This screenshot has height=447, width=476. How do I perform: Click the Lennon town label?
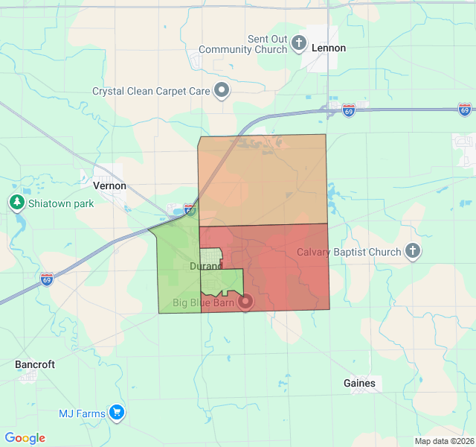[x=329, y=48]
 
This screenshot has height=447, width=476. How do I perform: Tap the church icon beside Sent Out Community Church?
[x=299, y=42]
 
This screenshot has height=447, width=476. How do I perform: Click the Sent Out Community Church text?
[x=268, y=43]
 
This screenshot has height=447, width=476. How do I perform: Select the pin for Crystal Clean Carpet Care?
[x=222, y=91]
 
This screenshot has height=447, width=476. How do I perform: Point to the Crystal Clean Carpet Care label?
[x=151, y=91]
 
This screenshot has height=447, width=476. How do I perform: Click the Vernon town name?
[x=110, y=186]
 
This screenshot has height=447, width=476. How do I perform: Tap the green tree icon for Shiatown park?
[x=16, y=203]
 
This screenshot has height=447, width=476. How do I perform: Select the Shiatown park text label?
[x=61, y=203]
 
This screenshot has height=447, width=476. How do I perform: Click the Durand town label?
[x=206, y=266]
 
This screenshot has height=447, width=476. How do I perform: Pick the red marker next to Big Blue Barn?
[x=245, y=302]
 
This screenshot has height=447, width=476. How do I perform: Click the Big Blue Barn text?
[x=203, y=302]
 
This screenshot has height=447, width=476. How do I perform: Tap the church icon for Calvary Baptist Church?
[x=414, y=252]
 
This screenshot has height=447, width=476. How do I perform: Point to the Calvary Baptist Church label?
[x=349, y=252]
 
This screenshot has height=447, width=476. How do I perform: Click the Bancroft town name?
[x=35, y=364]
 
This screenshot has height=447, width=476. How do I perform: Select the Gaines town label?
[x=360, y=383]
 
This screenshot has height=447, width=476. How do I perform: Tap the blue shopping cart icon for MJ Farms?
[x=116, y=412]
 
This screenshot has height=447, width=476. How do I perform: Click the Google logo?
[x=25, y=438]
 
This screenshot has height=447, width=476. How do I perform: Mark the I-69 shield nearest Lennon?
[x=349, y=110]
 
